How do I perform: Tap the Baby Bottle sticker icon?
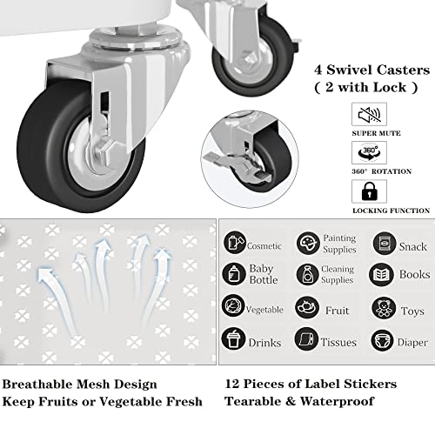point(234,274)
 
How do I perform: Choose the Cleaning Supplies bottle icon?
point(306,274)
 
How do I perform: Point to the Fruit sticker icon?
point(306,307)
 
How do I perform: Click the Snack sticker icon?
point(384,243)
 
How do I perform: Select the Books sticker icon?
point(383,274)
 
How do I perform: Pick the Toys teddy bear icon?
point(384,307)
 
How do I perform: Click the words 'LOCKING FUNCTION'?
point(391,210)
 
